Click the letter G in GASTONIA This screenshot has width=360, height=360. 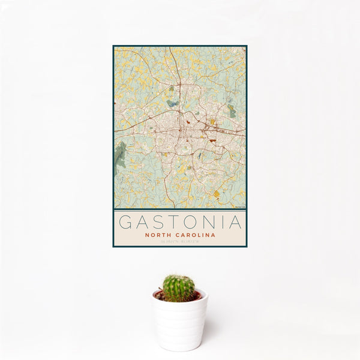pyautogui.click(x=125, y=222)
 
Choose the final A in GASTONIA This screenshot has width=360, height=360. pyautogui.click(x=234, y=222)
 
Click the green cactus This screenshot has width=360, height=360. pyautogui.click(x=179, y=288)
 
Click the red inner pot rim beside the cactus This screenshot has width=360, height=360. pyautogui.click(x=195, y=296)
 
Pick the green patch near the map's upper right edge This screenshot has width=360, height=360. pyautogui.click(x=231, y=110)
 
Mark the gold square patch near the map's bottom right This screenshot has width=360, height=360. pyautogui.click(x=217, y=193)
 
